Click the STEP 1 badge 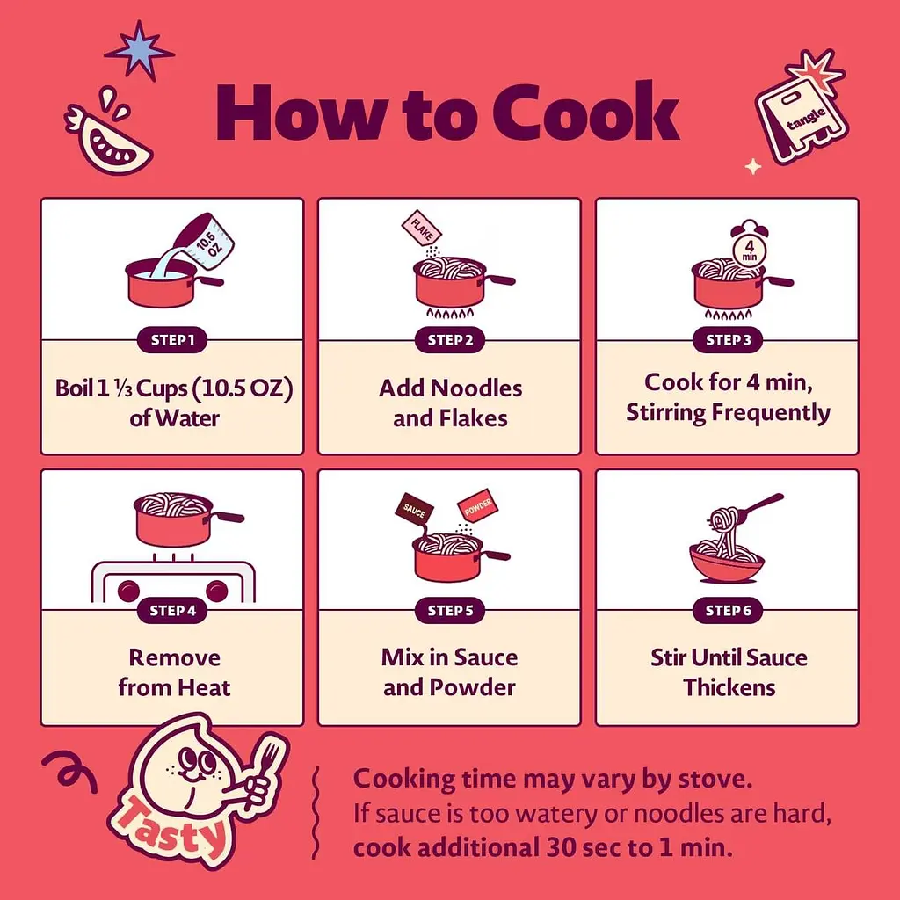(x=172, y=340)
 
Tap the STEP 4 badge (x=172, y=610)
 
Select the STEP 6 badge (x=728, y=610)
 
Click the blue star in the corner (x=139, y=50)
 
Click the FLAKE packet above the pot (x=421, y=228)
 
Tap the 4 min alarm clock (x=750, y=246)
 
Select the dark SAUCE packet (x=414, y=509)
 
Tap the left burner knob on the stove (x=128, y=591)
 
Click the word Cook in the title (x=585, y=112)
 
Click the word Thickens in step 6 (x=729, y=687)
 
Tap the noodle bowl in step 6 (x=727, y=562)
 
